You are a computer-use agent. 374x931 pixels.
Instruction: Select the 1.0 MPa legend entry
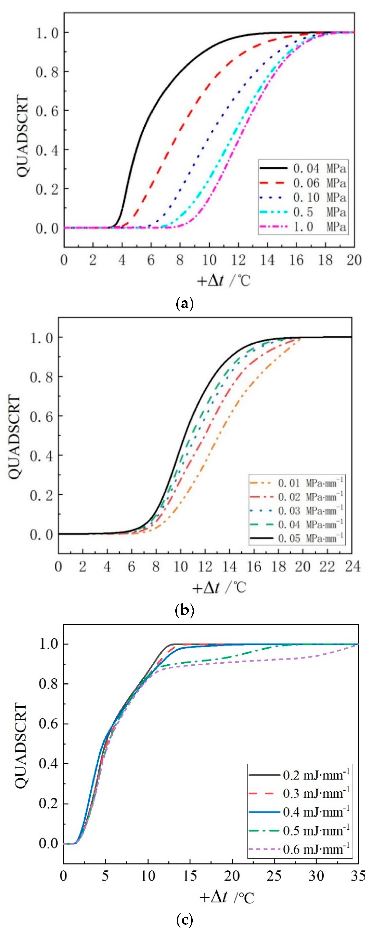click(319, 227)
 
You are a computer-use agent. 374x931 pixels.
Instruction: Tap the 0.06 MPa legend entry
click(319, 183)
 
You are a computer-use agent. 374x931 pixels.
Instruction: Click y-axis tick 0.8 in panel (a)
click(47, 72)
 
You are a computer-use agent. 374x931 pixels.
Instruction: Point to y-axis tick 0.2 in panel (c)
click(48, 803)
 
